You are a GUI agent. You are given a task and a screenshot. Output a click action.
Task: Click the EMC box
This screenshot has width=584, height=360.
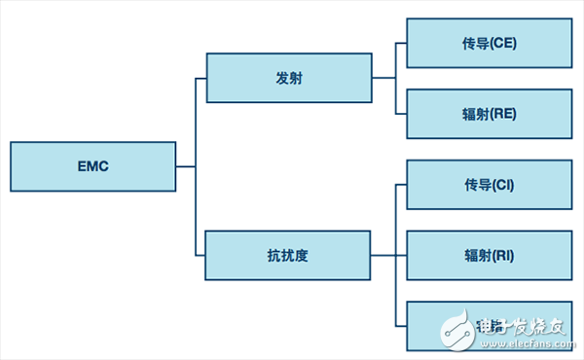click(93, 166)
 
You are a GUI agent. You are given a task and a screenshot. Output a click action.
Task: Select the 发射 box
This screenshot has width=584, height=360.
click(288, 78)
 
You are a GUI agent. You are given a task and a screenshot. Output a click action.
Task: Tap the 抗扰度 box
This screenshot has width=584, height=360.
click(288, 256)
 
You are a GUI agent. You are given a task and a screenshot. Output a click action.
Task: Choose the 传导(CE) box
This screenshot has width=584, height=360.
click(489, 43)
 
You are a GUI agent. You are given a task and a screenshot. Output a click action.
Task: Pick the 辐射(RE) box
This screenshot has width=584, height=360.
click(489, 114)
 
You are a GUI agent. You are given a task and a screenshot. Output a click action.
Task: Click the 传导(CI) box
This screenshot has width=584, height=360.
click(489, 185)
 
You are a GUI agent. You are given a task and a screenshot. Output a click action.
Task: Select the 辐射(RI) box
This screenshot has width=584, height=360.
click(489, 256)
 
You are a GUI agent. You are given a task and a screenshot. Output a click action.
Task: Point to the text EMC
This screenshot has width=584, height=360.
click(93, 166)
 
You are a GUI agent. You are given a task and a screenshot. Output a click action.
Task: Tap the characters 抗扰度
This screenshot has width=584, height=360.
click(288, 256)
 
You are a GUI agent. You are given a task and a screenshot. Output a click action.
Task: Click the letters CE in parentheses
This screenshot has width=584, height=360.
click(504, 43)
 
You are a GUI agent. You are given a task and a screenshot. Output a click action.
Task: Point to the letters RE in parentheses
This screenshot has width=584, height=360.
click(504, 114)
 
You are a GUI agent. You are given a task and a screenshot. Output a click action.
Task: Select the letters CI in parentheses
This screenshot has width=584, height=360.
click(503, 185)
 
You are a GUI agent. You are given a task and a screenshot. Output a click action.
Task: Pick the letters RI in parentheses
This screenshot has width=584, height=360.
click(502, 256)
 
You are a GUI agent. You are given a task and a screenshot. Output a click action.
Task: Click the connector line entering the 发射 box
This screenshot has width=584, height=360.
click(201, 78)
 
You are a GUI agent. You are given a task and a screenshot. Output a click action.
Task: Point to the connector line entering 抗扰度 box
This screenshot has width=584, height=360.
click(201, 256)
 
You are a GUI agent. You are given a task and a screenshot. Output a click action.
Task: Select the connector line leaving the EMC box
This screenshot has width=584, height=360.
click(186, 166)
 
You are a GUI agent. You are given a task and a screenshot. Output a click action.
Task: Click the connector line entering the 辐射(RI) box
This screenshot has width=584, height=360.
click(401, 256)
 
